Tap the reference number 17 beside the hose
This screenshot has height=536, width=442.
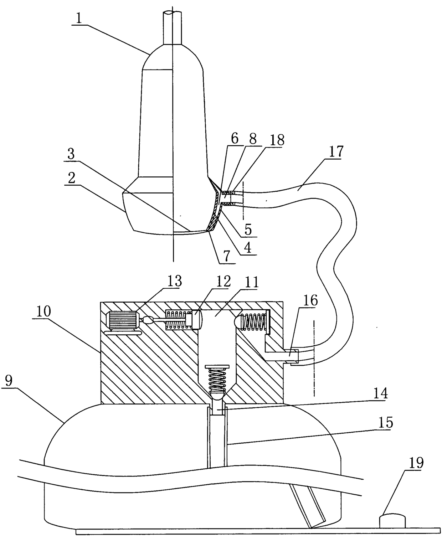[x=335, y=152]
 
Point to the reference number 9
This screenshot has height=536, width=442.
[x=9, y=381]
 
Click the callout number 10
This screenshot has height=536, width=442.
[x=43, y=311]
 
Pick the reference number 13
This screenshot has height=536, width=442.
[x=174, y=281]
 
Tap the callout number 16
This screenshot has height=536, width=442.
[x=310, y=300]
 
